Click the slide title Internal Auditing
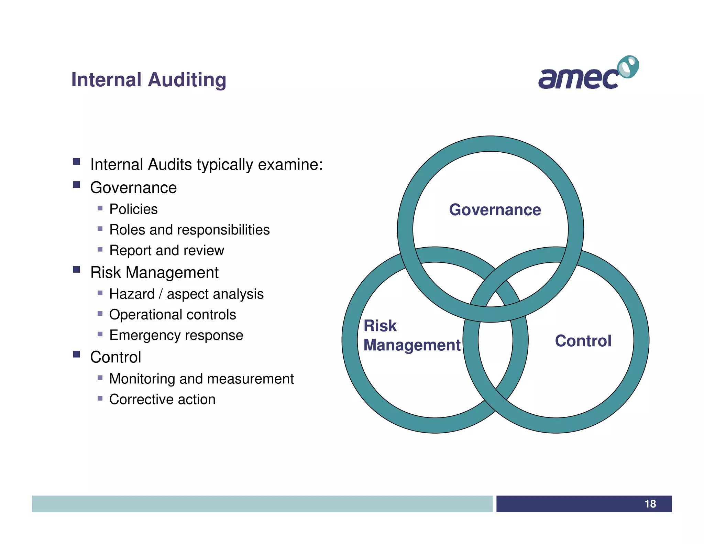[148, 80]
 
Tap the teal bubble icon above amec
[628, 67]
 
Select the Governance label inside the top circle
[495, 210]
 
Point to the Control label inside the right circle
[583, 341]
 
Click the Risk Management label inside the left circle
[411, 335]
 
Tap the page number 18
[650, 504]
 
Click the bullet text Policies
[133, 209]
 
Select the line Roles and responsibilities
[189, 230]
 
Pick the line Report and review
[167, 250]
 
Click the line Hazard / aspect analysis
[186, 294]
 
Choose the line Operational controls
[173, 315]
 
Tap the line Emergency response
[176, 335]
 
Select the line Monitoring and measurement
[201, 379]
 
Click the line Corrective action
[162, 400]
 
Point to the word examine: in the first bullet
[290, 165]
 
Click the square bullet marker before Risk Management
[77, 269]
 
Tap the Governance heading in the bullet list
[133, 188]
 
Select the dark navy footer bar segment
[583, 504]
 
